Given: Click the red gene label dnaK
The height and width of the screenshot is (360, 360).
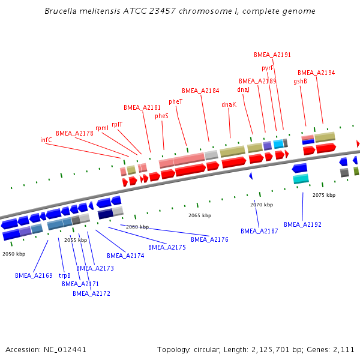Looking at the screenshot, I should coord(229,104).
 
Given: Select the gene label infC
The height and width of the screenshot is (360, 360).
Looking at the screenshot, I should coord(46,140).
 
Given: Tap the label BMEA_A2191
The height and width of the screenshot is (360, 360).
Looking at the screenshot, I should coord(272,55).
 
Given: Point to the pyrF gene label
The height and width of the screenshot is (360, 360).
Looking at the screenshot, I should coord(268,68).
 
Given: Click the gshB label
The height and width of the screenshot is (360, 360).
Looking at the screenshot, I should coord(300,82).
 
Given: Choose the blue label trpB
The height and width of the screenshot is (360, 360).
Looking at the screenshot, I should coord(64,276).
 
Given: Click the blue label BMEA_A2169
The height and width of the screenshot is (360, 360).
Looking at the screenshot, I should coord(34,276).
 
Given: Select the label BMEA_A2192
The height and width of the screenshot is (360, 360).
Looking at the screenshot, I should coord(302,224).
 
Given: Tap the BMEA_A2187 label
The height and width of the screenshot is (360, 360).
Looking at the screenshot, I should coord(259,231).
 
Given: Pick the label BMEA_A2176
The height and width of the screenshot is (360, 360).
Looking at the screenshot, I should coord(209,239).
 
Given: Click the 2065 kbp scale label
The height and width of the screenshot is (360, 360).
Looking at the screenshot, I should coord(200,215).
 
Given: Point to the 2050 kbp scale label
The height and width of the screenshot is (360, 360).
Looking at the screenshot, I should coord(14,254).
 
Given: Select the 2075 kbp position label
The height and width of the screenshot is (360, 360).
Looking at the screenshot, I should coord(324,195).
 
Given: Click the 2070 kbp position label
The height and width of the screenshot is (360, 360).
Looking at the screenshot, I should coord(262,205).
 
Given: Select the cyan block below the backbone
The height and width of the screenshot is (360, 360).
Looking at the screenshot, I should coord(301,179).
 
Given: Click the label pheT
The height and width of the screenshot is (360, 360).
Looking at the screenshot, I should coord(175,101).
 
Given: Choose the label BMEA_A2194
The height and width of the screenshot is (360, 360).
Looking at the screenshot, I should coord(316,73).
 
